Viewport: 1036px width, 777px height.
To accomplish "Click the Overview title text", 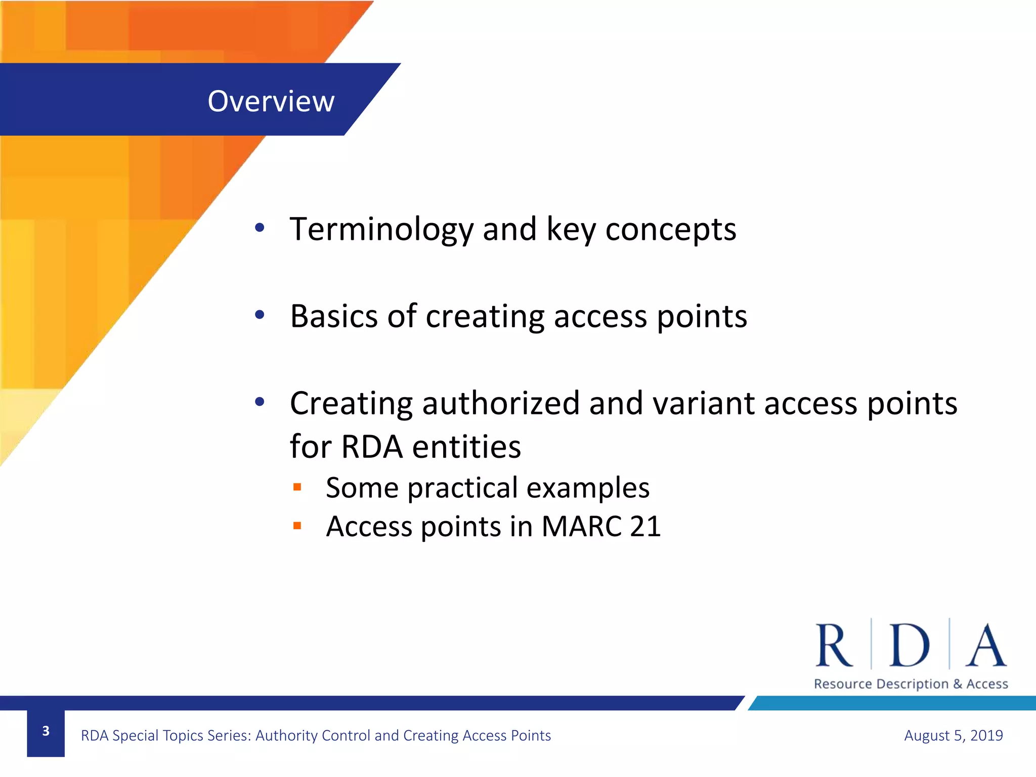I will point(271,101).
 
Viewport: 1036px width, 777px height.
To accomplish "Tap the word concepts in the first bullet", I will point(671,230).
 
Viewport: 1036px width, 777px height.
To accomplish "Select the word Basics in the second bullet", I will point(334,317).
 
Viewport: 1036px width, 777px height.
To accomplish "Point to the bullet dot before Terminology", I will point(260,228).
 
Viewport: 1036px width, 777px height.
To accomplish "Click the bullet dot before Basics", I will point(260,315).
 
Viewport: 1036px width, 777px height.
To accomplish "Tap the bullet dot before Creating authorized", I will point(260,402).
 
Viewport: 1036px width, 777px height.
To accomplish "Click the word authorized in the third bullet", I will point(501,403).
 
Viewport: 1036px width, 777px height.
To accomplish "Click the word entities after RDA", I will point(466,447).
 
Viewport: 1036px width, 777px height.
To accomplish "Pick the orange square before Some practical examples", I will point(297,487).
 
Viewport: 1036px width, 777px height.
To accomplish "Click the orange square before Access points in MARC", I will point(297,526).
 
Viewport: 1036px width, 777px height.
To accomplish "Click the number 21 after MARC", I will point(645,527).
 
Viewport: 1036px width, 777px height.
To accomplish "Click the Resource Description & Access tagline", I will point(911,684).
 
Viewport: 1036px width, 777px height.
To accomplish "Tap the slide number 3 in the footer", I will point(46,731).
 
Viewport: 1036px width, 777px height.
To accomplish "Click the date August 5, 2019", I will point(953,735).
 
